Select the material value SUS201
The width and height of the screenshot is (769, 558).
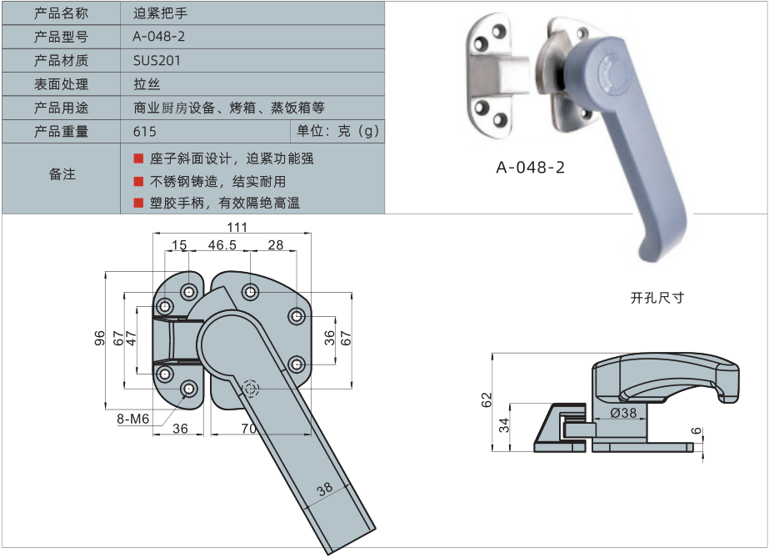coord(157,60)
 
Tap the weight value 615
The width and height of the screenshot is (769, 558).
coord(144,131)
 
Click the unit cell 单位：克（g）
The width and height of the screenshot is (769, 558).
coord(337,131)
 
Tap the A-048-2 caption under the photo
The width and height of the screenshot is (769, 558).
coord(531,167)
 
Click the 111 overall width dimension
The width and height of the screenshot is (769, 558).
coord(237,228)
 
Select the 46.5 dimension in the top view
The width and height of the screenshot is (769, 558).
coord(222,244)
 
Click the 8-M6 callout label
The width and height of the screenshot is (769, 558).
coord(132,419)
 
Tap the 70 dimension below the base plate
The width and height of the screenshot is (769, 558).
coord(248,429)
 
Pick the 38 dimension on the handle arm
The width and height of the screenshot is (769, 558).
coord(324,489)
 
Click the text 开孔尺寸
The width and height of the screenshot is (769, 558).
coord(657,298)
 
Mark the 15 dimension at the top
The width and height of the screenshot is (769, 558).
coord(179,244)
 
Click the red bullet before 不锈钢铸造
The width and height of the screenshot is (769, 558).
coord(139,181)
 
